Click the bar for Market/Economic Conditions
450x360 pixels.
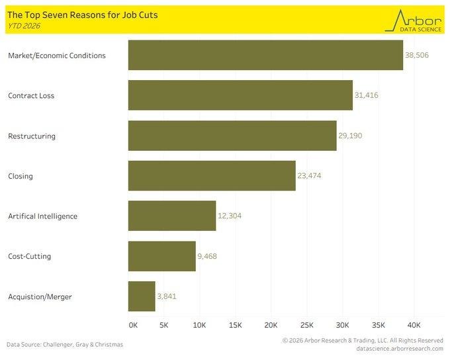265,55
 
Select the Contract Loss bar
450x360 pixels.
240,95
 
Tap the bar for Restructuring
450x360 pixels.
232,136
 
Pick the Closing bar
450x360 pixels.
212,176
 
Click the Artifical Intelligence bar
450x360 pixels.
172,216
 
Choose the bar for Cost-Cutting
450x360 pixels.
161,256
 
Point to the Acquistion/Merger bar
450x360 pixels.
142,296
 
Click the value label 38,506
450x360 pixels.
417,55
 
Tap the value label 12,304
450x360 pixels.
230,216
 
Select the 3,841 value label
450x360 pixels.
167,296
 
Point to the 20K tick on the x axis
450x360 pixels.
271,325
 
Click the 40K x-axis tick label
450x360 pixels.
414,325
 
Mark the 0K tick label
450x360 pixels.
133,325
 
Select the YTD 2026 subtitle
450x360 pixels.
24,25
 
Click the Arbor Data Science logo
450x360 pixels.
414,20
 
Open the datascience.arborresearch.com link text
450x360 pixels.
399,348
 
